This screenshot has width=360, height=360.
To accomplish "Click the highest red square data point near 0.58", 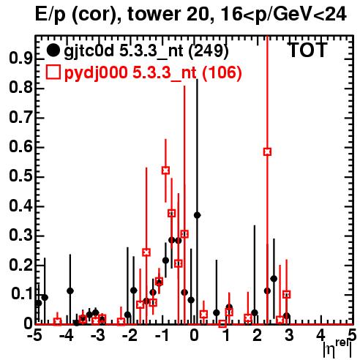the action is click(267, 151).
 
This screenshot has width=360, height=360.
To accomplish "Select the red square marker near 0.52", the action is click(165, 170).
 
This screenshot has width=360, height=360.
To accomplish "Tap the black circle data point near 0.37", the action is click(197, 215).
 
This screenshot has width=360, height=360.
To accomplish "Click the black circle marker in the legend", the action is click(53, 50).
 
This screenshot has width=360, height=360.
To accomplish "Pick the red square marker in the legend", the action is click(53, 72).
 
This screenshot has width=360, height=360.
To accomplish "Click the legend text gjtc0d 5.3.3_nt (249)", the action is click(146, 51).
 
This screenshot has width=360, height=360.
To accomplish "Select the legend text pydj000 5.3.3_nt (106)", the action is click(153, 73).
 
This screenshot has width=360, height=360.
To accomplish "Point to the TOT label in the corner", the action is click(307, 50).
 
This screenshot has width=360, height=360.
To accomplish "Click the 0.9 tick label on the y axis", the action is click(20, 59).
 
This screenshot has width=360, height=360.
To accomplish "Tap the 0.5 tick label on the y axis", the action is click(20, 176).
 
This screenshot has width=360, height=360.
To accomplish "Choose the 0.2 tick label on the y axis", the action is click(20, 265).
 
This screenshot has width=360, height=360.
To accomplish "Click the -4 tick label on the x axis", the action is click(67, 336).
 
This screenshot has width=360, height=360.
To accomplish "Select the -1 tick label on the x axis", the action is click(162, 336).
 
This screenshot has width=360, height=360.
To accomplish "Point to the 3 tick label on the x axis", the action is click(289, 336).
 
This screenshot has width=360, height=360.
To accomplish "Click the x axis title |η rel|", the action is click(337, 348).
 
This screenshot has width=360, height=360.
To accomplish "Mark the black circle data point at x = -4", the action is click(70, 290).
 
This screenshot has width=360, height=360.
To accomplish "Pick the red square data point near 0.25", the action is click(146, 252).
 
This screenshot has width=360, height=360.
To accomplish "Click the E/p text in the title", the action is click(50, 15).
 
